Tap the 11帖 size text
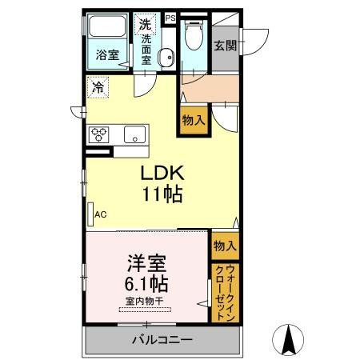click(163, 194)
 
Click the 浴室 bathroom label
click(108, 57)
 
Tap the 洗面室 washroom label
click(147, 48)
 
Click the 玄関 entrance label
click(225, 46)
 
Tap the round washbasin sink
click(166, 57)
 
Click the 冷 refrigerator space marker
click(98, 84)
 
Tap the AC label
click(101, 214)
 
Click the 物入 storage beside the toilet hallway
click(193, 121)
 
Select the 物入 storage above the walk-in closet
click(225, 246)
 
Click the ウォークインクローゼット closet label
click(225, 293)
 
